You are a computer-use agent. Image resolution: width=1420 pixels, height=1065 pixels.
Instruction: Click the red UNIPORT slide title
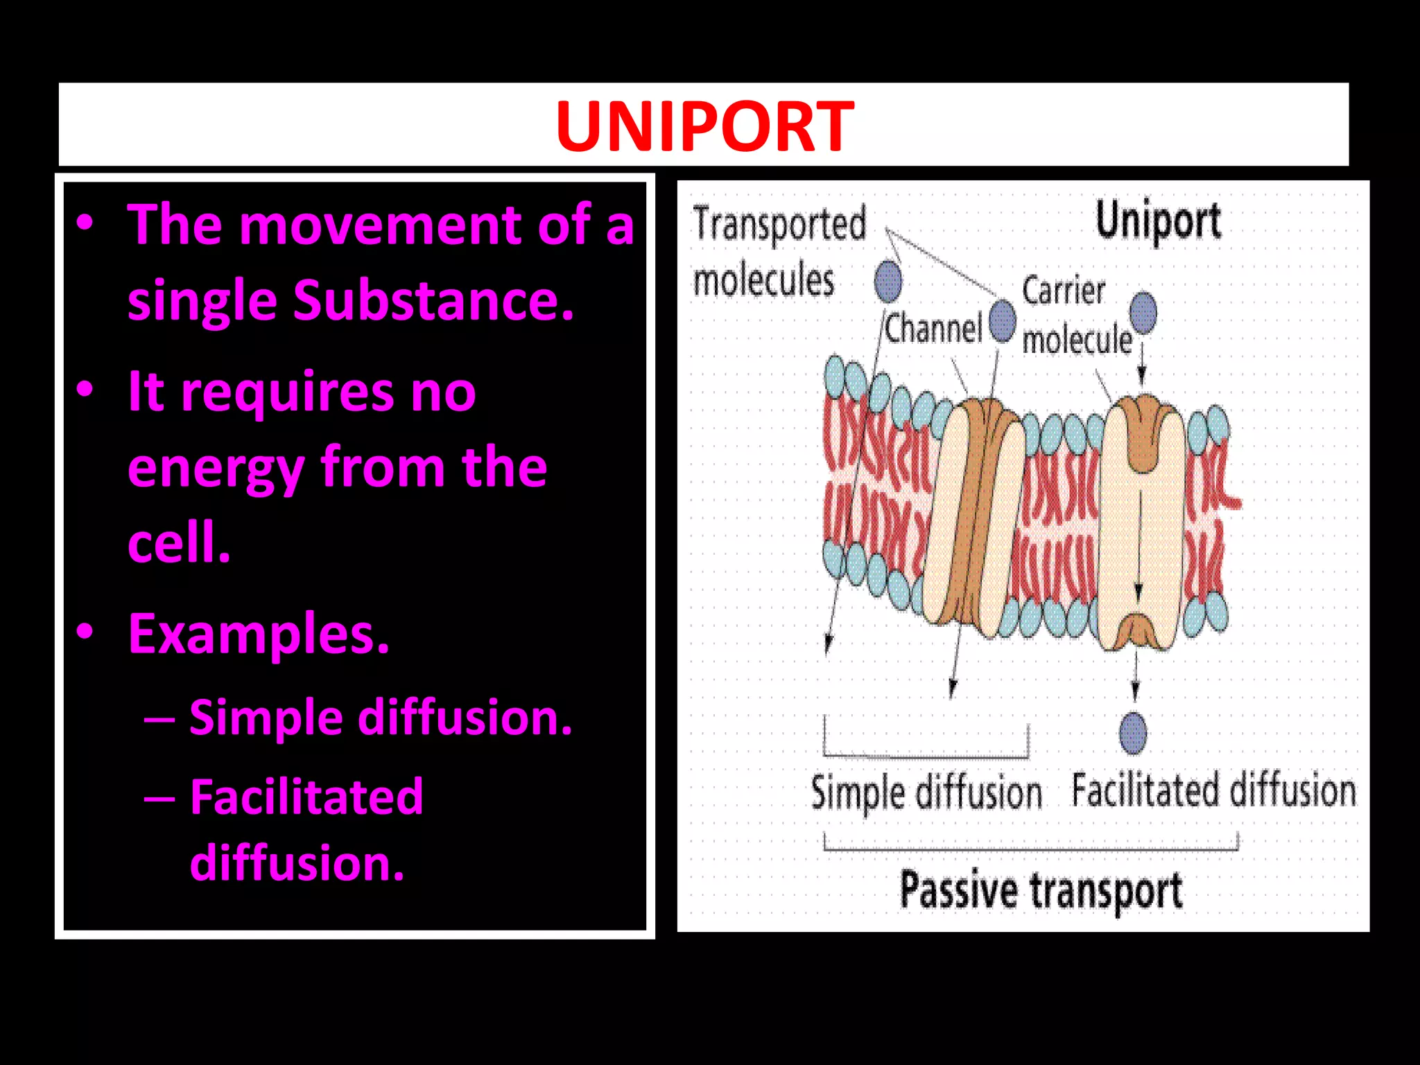[x=704, y=126]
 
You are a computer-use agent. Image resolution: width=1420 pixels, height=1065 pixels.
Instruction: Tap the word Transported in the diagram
[x=779, y=224]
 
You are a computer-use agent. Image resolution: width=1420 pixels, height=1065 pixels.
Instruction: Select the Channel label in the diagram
[x=934, y=328]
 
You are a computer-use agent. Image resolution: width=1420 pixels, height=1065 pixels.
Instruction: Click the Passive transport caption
[x=1040, y=890]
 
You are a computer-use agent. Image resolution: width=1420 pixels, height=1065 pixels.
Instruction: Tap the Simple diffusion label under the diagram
[x=926, y=793]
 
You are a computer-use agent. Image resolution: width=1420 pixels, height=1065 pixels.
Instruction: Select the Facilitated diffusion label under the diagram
[x=1213, y=790]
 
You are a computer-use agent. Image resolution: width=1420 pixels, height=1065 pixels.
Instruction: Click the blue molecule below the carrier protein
[x=1133, y=733]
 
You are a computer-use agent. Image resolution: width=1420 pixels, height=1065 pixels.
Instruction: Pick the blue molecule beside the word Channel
[x=1003, y=320]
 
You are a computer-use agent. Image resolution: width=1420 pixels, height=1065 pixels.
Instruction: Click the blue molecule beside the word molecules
[x=888, y=281]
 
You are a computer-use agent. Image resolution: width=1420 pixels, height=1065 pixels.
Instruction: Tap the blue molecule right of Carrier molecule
[x=1143, y=312]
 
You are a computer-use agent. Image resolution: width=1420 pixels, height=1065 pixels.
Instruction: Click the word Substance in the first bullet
[x=433, y=300]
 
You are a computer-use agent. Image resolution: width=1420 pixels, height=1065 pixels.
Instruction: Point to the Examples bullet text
[x=259, y=634]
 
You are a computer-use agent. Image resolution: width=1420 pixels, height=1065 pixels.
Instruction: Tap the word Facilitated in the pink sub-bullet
[x=306, y=797]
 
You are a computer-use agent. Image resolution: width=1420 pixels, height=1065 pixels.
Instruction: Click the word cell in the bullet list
[x=177, y=543]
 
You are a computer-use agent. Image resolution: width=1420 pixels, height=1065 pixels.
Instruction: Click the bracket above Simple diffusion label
[x=926, y=754]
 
